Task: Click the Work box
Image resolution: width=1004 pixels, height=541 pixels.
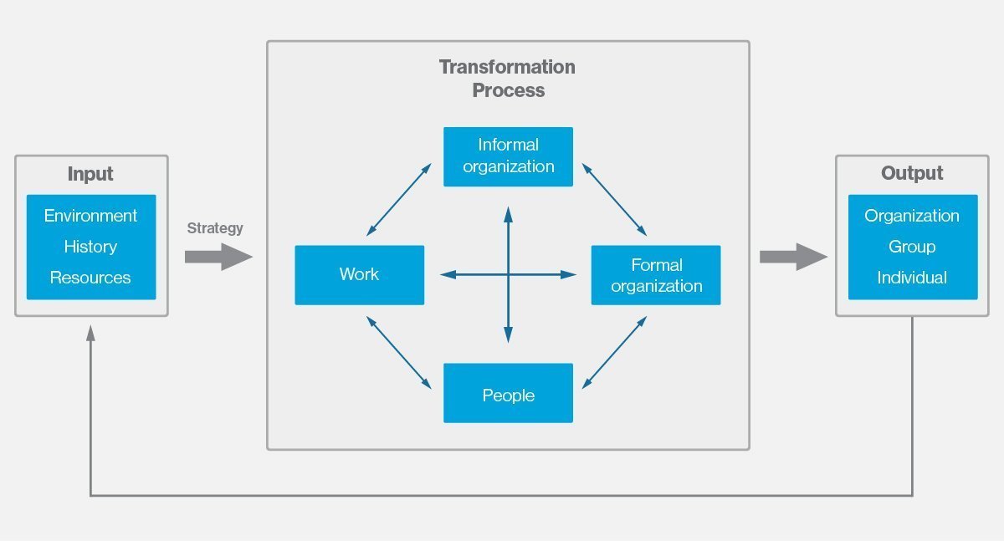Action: [x=359, y=274]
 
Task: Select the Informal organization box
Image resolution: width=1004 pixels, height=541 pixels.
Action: [x=508, y=156]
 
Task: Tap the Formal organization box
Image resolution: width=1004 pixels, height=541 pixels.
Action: [x=656, y=275]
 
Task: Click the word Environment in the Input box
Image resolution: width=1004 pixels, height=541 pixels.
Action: [x=90, y=216]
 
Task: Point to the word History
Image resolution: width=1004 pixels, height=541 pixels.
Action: [x=90, y=247]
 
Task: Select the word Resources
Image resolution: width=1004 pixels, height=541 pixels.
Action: [x=90, y=278]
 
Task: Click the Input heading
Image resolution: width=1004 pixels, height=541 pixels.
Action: [x=90, y=174]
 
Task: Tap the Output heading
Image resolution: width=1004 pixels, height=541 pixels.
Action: [x=912, y=174]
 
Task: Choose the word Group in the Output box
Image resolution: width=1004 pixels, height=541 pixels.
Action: [x=912, y=247]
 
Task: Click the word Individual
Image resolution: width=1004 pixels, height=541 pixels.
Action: [x=912, y=278]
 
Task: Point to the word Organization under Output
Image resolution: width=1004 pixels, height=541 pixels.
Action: [x=912, y=216]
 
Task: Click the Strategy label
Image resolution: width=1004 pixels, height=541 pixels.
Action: [x=215, y=228]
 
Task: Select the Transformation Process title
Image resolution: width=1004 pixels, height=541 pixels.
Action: [x=508, y=79]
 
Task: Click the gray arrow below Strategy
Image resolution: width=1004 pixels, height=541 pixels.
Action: [x=218, y=257]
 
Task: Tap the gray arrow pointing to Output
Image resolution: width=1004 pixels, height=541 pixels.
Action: [x=792, y=257]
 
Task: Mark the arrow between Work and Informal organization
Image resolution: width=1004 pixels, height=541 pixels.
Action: [x=399, y=199]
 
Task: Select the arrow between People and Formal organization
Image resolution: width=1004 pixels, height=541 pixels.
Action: [x=614, y=352]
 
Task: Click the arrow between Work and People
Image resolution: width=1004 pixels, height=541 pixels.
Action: [x=399, y=352]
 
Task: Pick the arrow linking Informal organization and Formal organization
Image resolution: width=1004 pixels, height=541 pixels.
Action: [x=614, y=199]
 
